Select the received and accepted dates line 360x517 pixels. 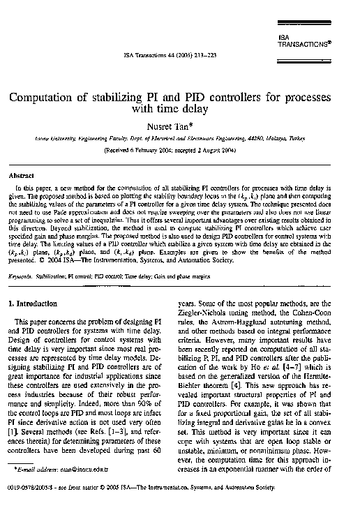(179, 149)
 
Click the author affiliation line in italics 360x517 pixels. (179, 138)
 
